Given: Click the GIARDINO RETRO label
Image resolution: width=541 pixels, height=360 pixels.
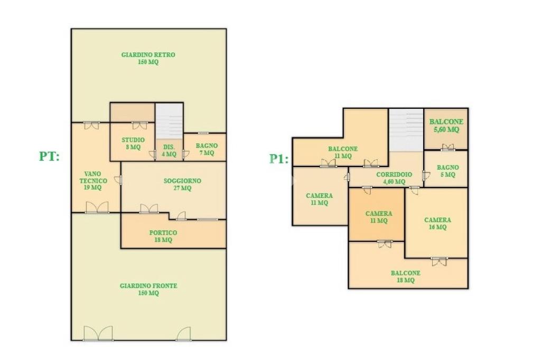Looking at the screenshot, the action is [148, 58].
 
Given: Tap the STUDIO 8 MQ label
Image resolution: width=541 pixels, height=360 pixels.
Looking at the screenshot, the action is [133, 143].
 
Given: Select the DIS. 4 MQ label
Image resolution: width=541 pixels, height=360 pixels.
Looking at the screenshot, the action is [169, 151].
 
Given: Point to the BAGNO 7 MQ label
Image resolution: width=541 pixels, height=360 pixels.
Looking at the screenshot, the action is [207, 149].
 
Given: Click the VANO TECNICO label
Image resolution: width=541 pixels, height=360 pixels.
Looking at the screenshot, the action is [93, 180].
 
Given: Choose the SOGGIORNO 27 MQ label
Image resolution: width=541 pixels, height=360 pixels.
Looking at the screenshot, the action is [182, 184].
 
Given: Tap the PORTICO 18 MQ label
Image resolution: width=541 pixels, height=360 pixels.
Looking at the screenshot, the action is [163, 236].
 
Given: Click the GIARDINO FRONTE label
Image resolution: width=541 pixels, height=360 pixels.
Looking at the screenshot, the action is [148, 289].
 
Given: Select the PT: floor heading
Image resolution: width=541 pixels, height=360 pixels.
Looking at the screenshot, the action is [49, 156].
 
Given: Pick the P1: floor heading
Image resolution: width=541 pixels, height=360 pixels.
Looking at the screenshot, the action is [279, 159].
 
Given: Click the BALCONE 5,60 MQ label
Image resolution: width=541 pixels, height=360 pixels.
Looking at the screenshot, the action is [446, 126].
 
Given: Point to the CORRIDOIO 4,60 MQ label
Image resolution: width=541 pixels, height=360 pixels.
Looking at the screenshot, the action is [394, 178].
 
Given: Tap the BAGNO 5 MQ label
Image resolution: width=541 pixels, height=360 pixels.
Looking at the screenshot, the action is [448, 171].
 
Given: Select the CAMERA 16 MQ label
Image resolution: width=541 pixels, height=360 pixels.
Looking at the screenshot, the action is [437, 223].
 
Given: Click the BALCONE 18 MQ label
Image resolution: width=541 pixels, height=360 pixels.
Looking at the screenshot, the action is [405, 276].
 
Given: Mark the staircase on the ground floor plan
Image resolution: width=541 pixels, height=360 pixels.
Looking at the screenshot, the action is [169, 121].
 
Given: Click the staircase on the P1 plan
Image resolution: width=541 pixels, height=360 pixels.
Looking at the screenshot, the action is [406, 130].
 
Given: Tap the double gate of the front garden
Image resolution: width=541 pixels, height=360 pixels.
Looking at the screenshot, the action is [98, 333].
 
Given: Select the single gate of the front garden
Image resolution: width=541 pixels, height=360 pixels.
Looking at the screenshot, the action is [183, 334].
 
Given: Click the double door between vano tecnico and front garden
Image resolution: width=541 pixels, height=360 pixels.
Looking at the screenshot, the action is [97, 207].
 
